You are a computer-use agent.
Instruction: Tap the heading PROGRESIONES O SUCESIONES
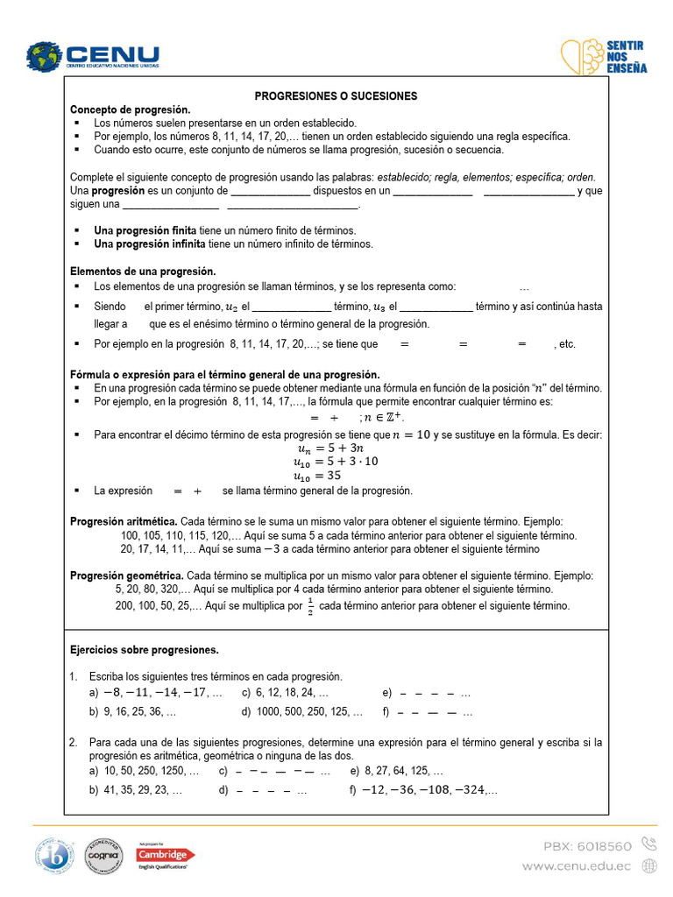pyautogui.click(x=336, y=95)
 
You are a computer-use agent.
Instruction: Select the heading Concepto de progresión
pyautogui.click(x=130, y=109)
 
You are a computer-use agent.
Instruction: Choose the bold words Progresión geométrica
pyautogui.click(x=126, y=576)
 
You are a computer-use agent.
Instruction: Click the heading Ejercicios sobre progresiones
pyautogui.click(x=144, y=650)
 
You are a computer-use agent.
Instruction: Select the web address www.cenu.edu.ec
pyautogui.click(x=576, y=865)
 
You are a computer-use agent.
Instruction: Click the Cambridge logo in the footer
pyautogui.click(x=166, y=856)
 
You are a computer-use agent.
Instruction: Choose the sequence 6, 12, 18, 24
pyautogui.click(x=290, y=692)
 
